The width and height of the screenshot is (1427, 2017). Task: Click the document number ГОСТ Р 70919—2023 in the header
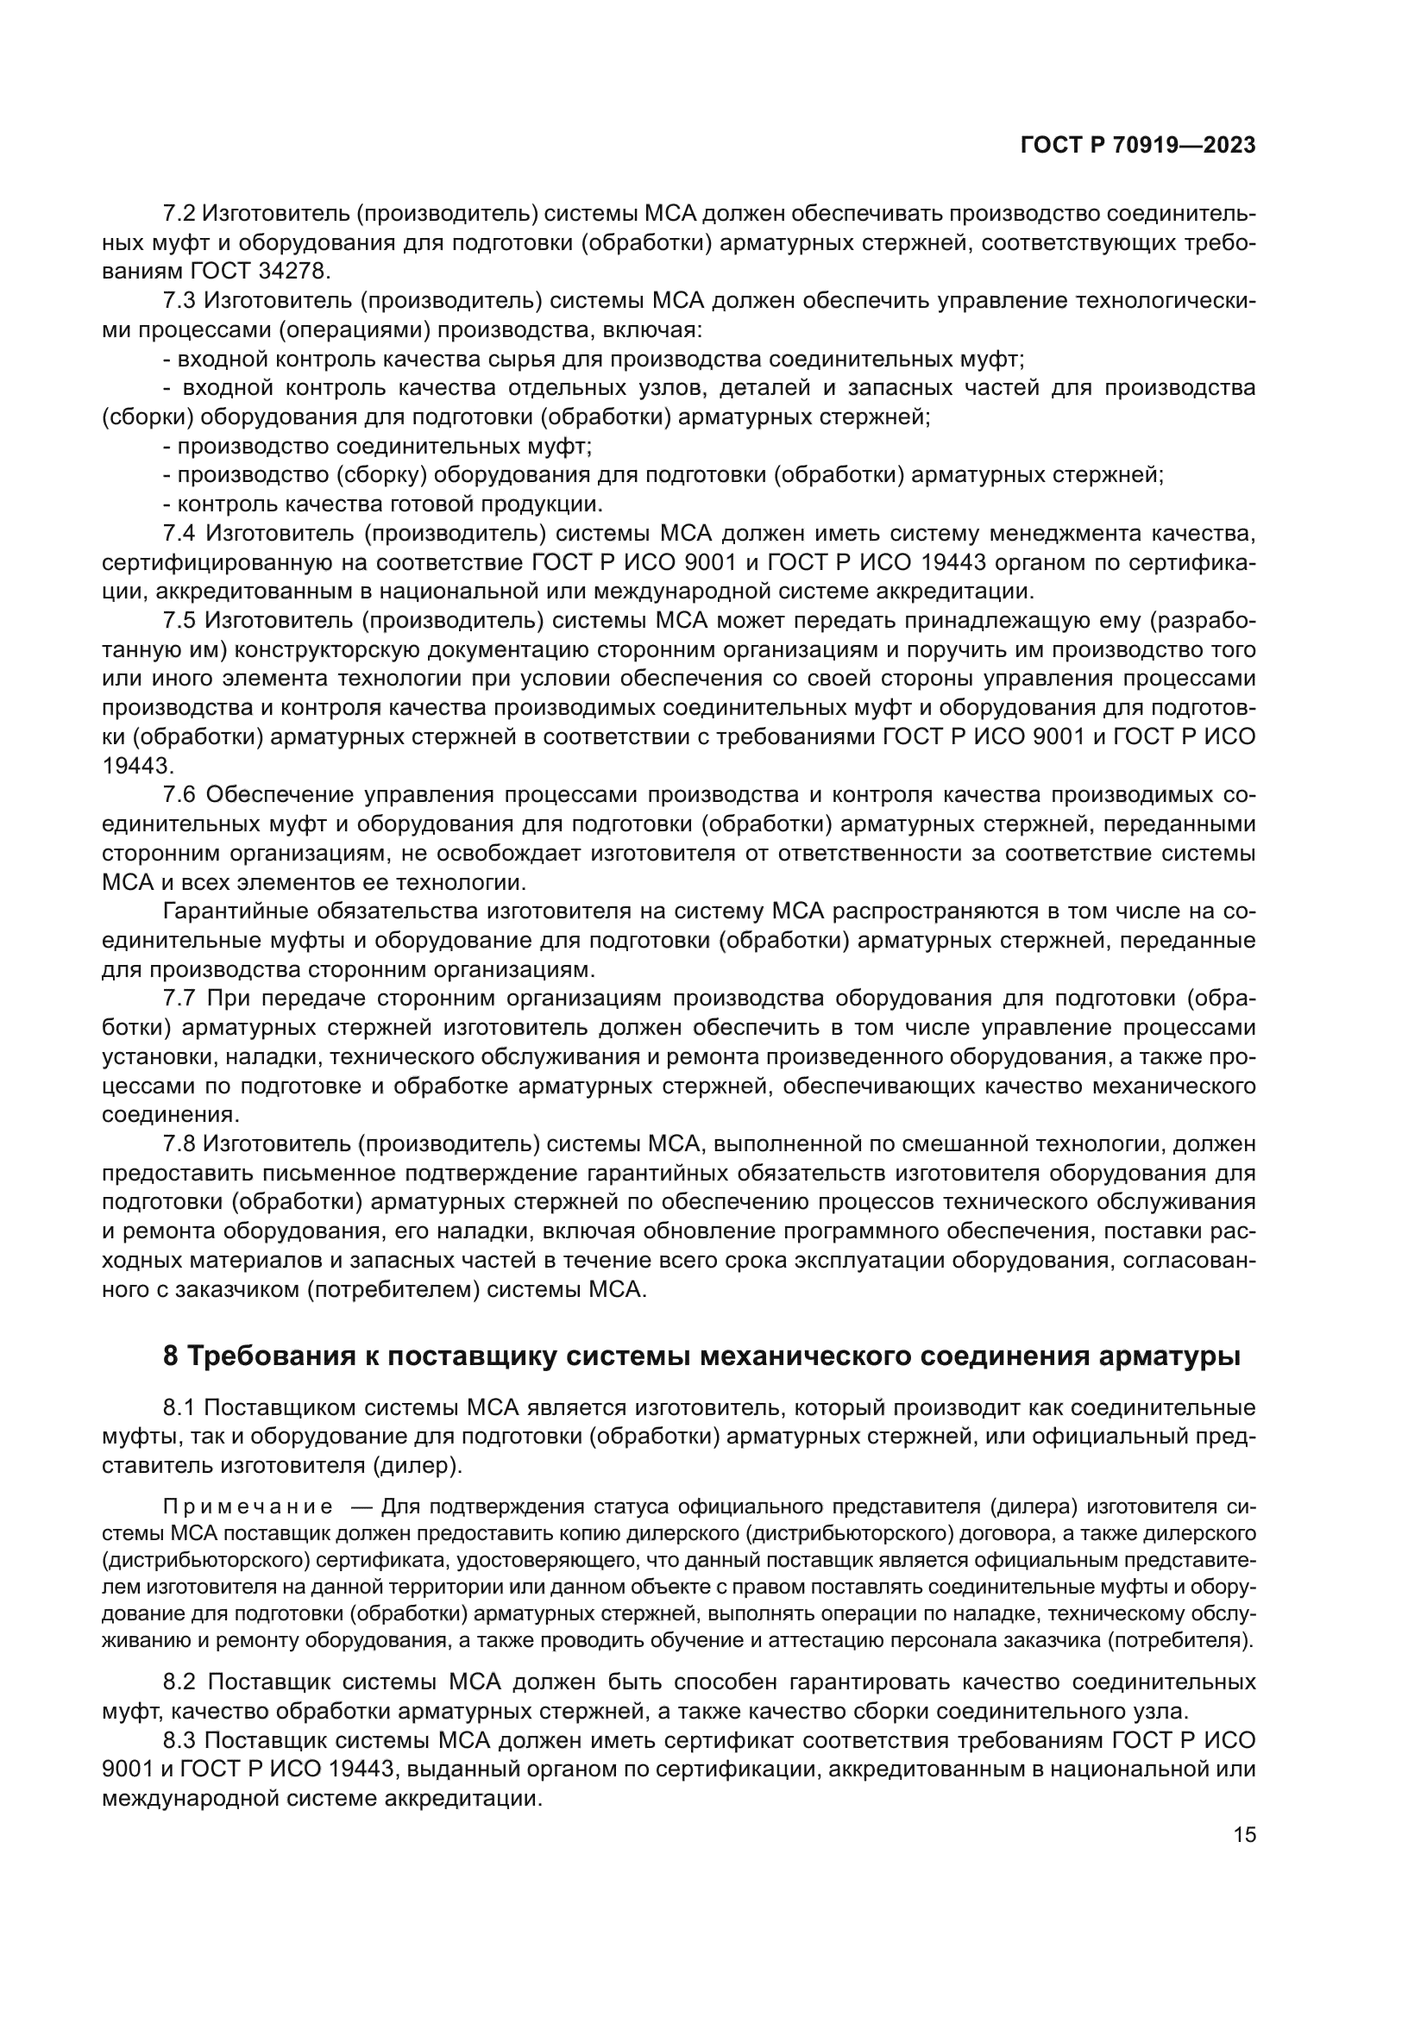[x=1137, y=145]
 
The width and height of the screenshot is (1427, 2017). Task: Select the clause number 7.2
[x=181, y=214]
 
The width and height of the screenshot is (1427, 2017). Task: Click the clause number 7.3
[x=181, y=300]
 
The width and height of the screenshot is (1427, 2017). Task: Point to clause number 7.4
[x=181, y=533]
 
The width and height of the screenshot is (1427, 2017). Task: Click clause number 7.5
[x=181, y=620]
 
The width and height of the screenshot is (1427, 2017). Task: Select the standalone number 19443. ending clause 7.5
[x=138, y=765]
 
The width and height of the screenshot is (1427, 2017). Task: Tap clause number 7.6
[x=181, y=795]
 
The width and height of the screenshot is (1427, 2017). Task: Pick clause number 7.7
[x=181, y=998]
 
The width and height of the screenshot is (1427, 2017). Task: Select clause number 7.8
[x=181, y=1143]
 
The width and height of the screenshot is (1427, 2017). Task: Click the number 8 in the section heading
[x=171, y=1356]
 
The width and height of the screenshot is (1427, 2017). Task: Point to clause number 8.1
[x=181, y=1407]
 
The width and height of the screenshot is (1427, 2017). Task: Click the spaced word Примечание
[x=248, y=1507]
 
